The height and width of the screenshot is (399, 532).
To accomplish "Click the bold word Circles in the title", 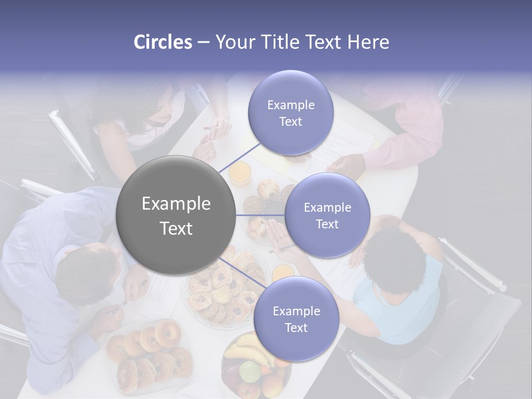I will [x=162, y=42].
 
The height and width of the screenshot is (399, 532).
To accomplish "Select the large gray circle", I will [x=176, y=215].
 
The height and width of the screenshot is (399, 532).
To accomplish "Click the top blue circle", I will [x=290, y=113].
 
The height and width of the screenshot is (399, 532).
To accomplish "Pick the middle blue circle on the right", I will [x=327, y=215].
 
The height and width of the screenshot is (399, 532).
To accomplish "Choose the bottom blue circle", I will [x=296, y=319].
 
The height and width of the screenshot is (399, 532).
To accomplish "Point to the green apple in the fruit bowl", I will [x=250, y=372].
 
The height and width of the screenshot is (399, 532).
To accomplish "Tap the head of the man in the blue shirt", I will [x=86, y=272].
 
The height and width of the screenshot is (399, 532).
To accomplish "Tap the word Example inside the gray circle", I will [x=176, y=204].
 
